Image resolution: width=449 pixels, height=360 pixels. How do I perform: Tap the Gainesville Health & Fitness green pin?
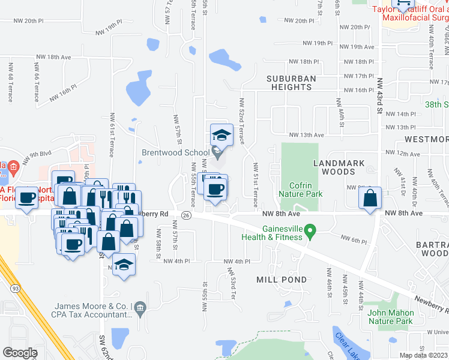(310, 230)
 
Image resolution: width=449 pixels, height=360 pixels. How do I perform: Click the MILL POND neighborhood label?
(282, 280)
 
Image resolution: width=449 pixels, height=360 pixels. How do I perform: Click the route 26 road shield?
(187, 216)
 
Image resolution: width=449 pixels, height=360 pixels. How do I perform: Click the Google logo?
(20, 353)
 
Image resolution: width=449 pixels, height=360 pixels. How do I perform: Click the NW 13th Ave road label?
(307, 136)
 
